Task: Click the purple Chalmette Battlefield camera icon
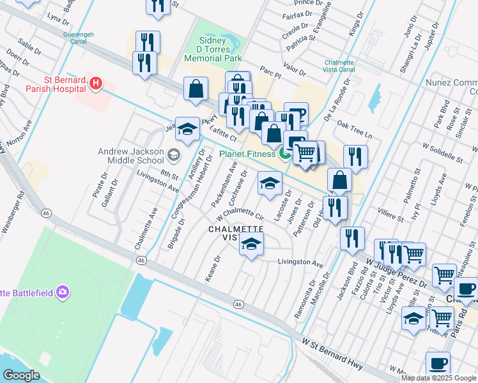(63, 292)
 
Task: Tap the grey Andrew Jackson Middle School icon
(173, 154)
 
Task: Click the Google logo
(21, 375)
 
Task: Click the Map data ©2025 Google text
(438, 378)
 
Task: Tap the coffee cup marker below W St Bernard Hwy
(438, 364)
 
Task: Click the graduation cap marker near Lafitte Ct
(187, 130)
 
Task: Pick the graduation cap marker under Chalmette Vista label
(252, 244)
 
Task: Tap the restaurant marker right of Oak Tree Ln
(355, 158)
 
